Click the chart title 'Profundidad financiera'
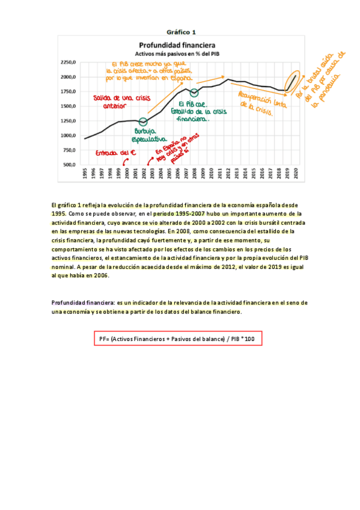pyautogui.click(x=177, y=45)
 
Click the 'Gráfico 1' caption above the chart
pyautogui.click(x=181, y=31)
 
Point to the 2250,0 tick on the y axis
pyautogui.click(x=67, y=62)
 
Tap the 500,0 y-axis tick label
pyautogui.click(x=69, y=164)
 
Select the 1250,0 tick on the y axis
pyautogui.click(x=67, y=120)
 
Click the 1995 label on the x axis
pyautogui.click(x=85, y=174)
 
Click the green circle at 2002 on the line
pyautogui.click(x=143, y=121)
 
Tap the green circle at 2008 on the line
pyautogui.click(x=194, y=93)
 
